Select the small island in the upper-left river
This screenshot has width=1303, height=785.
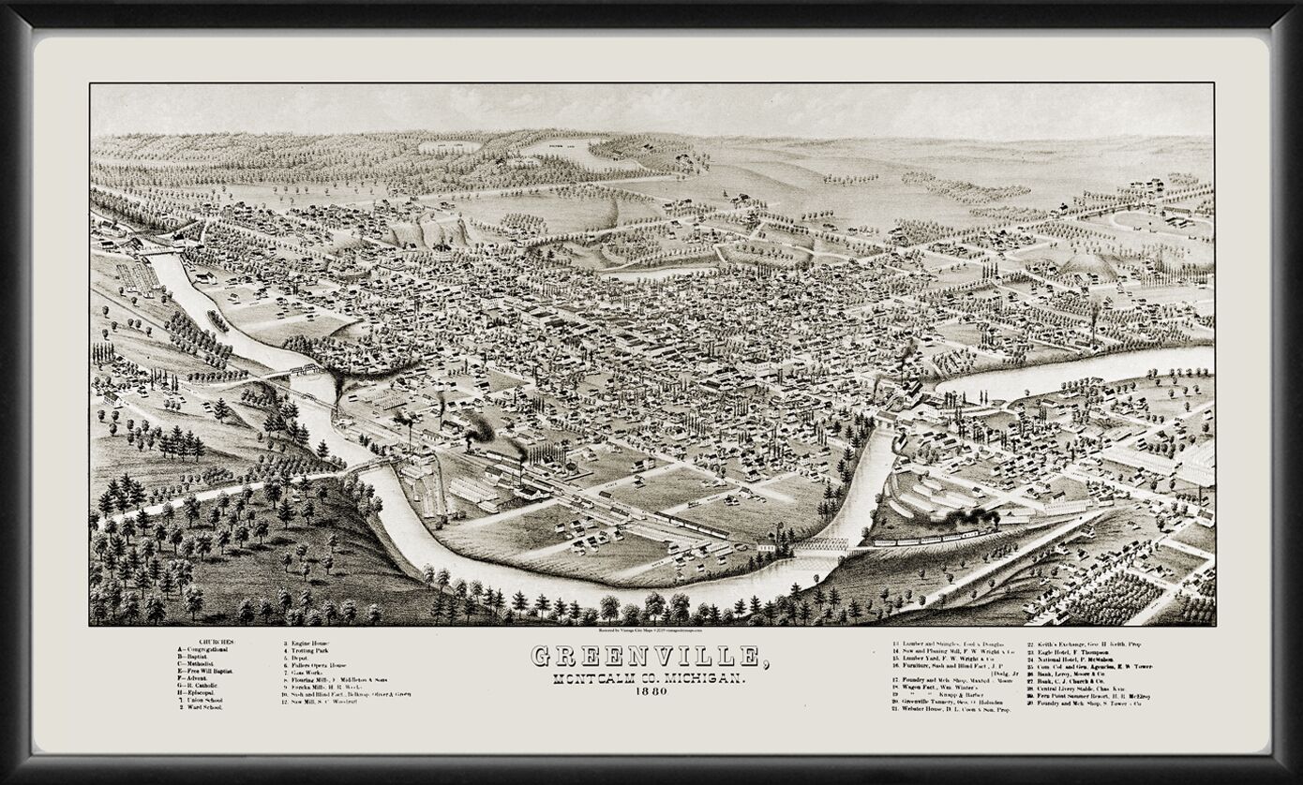click(218, 320)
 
